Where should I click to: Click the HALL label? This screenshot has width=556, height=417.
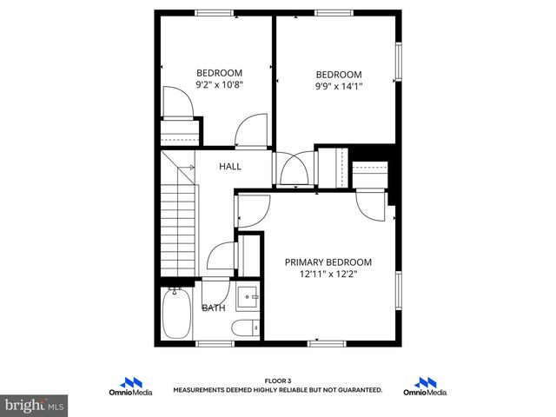click(230, 167)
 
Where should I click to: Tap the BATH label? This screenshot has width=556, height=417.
click(214, 308)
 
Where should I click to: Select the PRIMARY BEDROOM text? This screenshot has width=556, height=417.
click(328, 262)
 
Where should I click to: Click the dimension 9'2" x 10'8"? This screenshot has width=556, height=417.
click(219, 85)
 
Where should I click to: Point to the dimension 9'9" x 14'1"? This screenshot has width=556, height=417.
click(338, 86)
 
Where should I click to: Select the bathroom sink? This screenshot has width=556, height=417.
click(248, 298)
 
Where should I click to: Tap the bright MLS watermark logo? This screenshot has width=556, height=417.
click(35, 405)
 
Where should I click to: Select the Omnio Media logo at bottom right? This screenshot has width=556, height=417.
click(425, 387)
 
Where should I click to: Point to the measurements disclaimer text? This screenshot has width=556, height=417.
click(277, 391)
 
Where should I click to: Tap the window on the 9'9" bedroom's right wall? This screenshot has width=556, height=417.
click(399, 62)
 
